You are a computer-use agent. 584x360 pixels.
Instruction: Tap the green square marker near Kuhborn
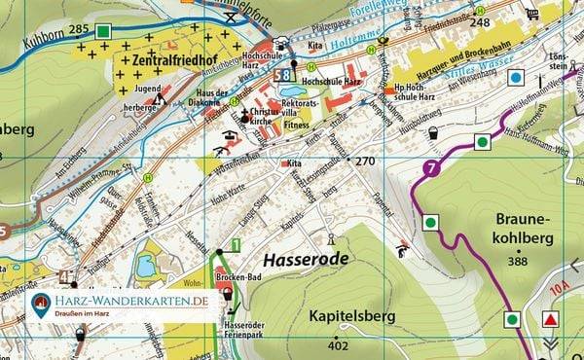[x=104, y=31]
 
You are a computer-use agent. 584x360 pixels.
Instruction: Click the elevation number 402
[x=338, y=346]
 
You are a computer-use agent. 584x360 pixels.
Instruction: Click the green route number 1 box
[x=236, y=244]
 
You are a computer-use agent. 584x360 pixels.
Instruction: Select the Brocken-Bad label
[x=230, y=277]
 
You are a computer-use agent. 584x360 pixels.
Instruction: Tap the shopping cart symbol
[x=531, y=13]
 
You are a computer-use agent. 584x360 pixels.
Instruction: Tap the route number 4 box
[x=64, y=277]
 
